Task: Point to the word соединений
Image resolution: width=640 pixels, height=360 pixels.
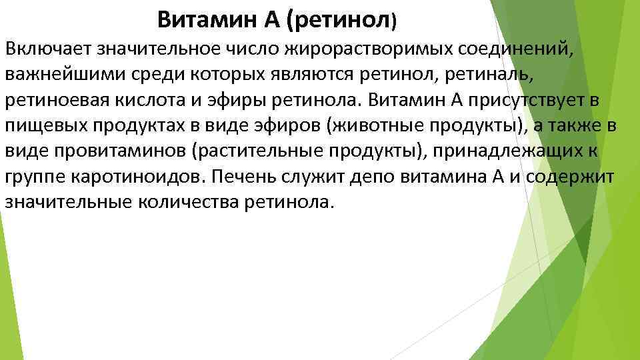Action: click(x=514, y=48)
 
